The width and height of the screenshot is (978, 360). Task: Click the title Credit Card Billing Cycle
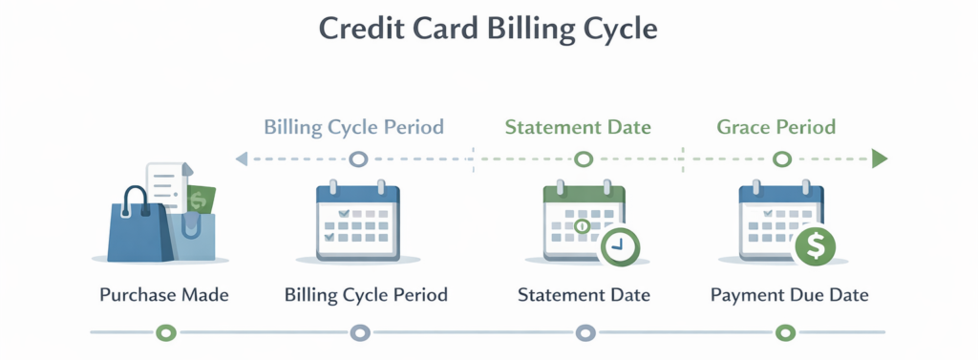tap(488, 29)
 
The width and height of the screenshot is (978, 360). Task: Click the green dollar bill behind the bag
tap(201, 200)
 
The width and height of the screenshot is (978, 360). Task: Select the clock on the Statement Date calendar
tap(619, 245)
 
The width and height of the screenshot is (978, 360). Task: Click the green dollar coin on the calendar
tap(816, 245)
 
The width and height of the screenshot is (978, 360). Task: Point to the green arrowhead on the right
tap(880, 159)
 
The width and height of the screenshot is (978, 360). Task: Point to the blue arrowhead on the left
tap(242, 159)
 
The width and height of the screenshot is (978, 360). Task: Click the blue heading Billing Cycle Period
tap(354, 127)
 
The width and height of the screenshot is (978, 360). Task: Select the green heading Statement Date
tap(578, 127)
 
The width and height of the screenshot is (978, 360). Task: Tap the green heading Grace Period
tap(776, 127)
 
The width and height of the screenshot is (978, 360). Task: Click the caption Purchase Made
tap(164, 295)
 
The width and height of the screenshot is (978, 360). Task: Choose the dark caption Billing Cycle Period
tap(366, 295)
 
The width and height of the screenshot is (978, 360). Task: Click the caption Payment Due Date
tap(790, 295)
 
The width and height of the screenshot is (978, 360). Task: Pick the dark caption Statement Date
tap(584, 295)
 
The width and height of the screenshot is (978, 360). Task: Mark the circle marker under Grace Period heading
tap(782, 159)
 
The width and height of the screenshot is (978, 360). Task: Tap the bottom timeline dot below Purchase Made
tap(166, 332)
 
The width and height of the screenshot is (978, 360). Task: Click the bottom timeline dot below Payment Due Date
tap(785, 332)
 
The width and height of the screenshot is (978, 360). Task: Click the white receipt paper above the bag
tap(165, 184)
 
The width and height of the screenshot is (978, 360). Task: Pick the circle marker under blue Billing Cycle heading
tap(358, 159)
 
